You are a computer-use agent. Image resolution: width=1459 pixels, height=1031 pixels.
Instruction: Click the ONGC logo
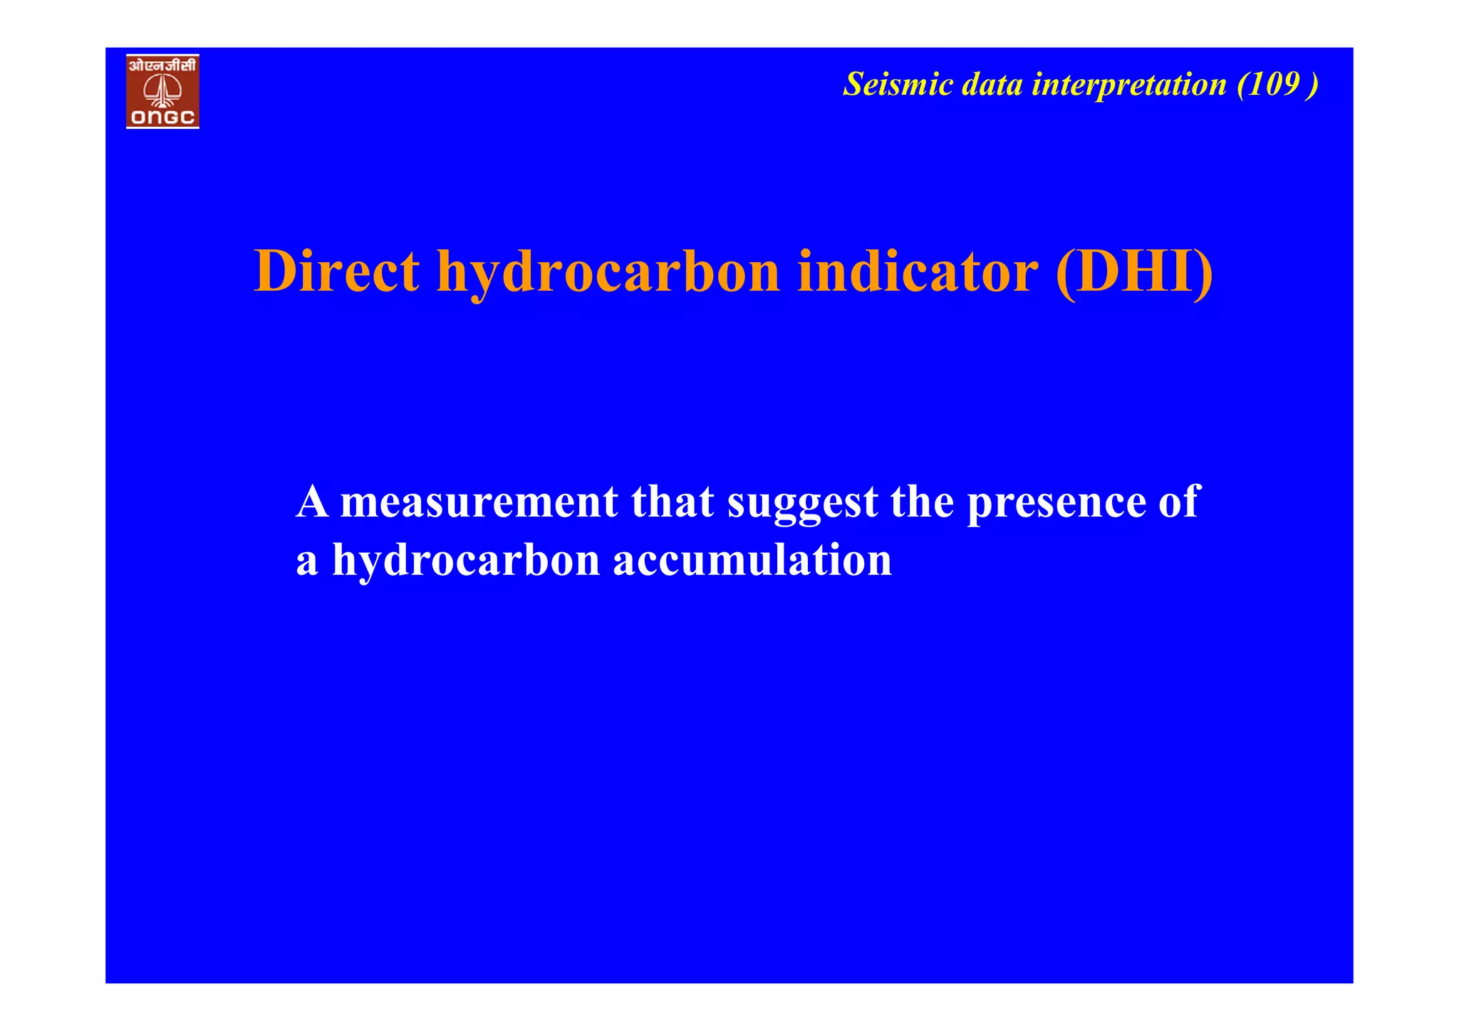pyautogui.click(x=162, y=91)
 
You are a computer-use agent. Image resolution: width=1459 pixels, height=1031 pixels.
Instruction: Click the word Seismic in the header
pyautogui.click(x=898, y=85)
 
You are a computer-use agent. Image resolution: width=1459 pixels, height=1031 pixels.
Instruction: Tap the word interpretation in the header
pyautogui.click(x=1129, y=85)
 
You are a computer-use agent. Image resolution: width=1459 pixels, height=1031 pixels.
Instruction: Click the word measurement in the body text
pyautogui.click(x=479, y=502)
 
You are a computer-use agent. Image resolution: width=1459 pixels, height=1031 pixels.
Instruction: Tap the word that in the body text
pyautogui.click(x=672, y=502)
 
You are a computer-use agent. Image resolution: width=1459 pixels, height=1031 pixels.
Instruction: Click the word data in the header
pyautogui.click(x=992, y=85)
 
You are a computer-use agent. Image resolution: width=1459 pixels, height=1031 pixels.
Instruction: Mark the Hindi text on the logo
pyautogui.click(x=162, y=66)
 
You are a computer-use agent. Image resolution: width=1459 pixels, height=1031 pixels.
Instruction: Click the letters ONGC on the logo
pyautogui.click(x=162, y=118)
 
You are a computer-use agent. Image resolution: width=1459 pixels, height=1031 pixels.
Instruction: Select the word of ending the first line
pyautogui.click(x=1179, y=502)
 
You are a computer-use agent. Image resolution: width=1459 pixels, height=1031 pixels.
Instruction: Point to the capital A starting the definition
pyautogui.click(x=312, y=502)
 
